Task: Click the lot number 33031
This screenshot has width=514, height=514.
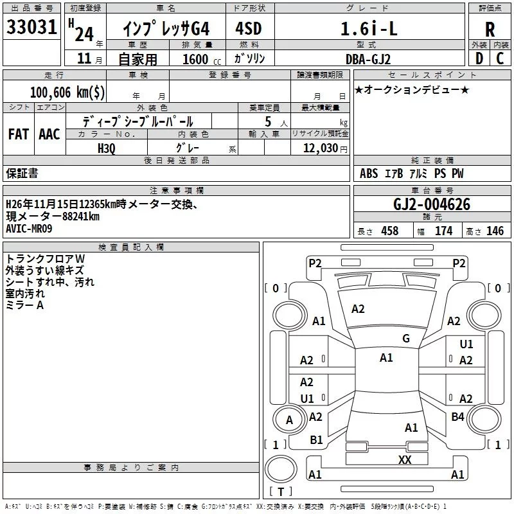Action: pos(32,28)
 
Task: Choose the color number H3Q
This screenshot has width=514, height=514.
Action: pos(106,148)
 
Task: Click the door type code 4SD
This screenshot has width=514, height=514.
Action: pos(249,29)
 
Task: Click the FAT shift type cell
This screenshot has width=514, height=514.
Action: pos(18,134)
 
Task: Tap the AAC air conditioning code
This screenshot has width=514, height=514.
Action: pos(49,134)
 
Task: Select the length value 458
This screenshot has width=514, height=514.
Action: pos(389,231)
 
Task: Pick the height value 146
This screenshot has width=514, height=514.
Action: pos(495,231)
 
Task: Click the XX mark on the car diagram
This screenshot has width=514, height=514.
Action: pos(405,459)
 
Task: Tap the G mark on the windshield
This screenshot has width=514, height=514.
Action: pos(405,339)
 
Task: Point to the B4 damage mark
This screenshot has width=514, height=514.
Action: pos(457,417)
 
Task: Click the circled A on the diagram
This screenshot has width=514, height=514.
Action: pos(289,420)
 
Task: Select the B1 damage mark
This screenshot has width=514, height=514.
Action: pos(316,440)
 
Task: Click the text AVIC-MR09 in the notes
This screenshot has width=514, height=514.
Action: pos(29,228)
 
